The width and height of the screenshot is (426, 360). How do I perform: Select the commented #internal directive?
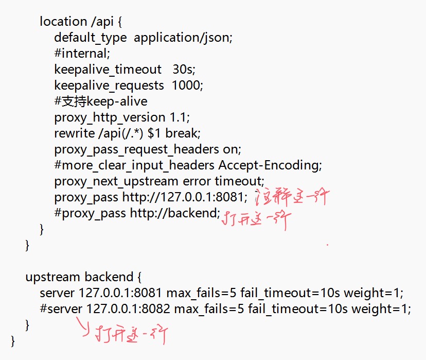82,53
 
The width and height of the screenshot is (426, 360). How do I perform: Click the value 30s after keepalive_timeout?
184,69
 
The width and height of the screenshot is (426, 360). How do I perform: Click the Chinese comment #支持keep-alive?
101,101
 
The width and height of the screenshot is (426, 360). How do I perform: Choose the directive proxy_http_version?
110,117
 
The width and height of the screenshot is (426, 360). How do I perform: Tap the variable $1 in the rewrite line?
153,133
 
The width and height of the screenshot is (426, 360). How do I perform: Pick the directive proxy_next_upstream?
117,181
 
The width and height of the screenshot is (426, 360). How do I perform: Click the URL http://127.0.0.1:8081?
184,197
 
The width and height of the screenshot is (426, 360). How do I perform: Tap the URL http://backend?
174,213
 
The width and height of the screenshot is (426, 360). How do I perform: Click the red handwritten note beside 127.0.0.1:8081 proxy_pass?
292,197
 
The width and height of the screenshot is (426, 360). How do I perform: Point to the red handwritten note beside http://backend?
256,220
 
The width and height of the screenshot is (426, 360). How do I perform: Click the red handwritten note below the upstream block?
131,335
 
